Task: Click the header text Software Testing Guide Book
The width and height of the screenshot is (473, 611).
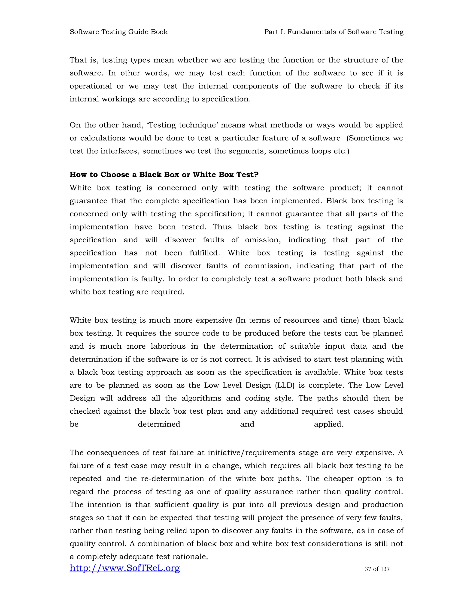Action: (118, 32)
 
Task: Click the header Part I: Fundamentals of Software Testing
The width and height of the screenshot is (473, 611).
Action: (334, 32)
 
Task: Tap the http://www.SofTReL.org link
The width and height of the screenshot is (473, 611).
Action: (125, 568)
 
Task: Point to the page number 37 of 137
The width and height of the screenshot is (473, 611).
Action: (377, 569)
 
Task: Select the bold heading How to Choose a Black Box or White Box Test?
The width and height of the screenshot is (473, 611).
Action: (164, 175)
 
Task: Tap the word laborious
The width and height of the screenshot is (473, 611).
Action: (168, 346)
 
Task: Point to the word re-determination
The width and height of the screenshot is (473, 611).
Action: (172, 479)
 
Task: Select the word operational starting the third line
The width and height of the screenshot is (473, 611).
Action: (91, 86)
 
